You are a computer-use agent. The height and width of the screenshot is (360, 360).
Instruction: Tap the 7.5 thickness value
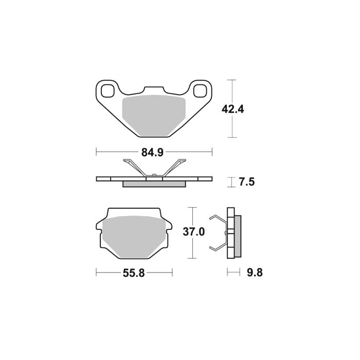click(247, 182)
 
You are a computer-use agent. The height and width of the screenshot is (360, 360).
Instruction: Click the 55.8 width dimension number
click(134, 273)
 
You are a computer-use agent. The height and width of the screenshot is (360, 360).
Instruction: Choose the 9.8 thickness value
click(255, 273)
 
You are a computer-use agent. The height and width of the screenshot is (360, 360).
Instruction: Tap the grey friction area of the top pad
click(154, 116)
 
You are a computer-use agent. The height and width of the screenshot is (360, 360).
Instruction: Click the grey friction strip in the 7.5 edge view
click(154, 184)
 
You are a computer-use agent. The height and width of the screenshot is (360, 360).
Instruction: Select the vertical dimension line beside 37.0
click(192, 232)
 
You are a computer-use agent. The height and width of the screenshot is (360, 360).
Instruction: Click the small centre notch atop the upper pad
click(154, 90)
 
